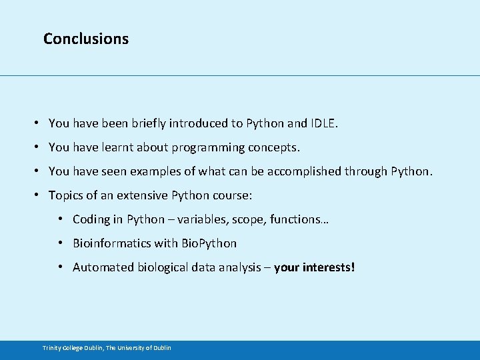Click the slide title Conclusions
[85, 39]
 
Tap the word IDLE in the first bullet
[324, 123]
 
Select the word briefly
[145, 123]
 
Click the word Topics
[65, 195]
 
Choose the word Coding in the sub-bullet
[90, 219]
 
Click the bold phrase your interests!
[315, 267]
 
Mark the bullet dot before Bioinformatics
[60, 243]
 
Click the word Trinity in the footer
[52, 348]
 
